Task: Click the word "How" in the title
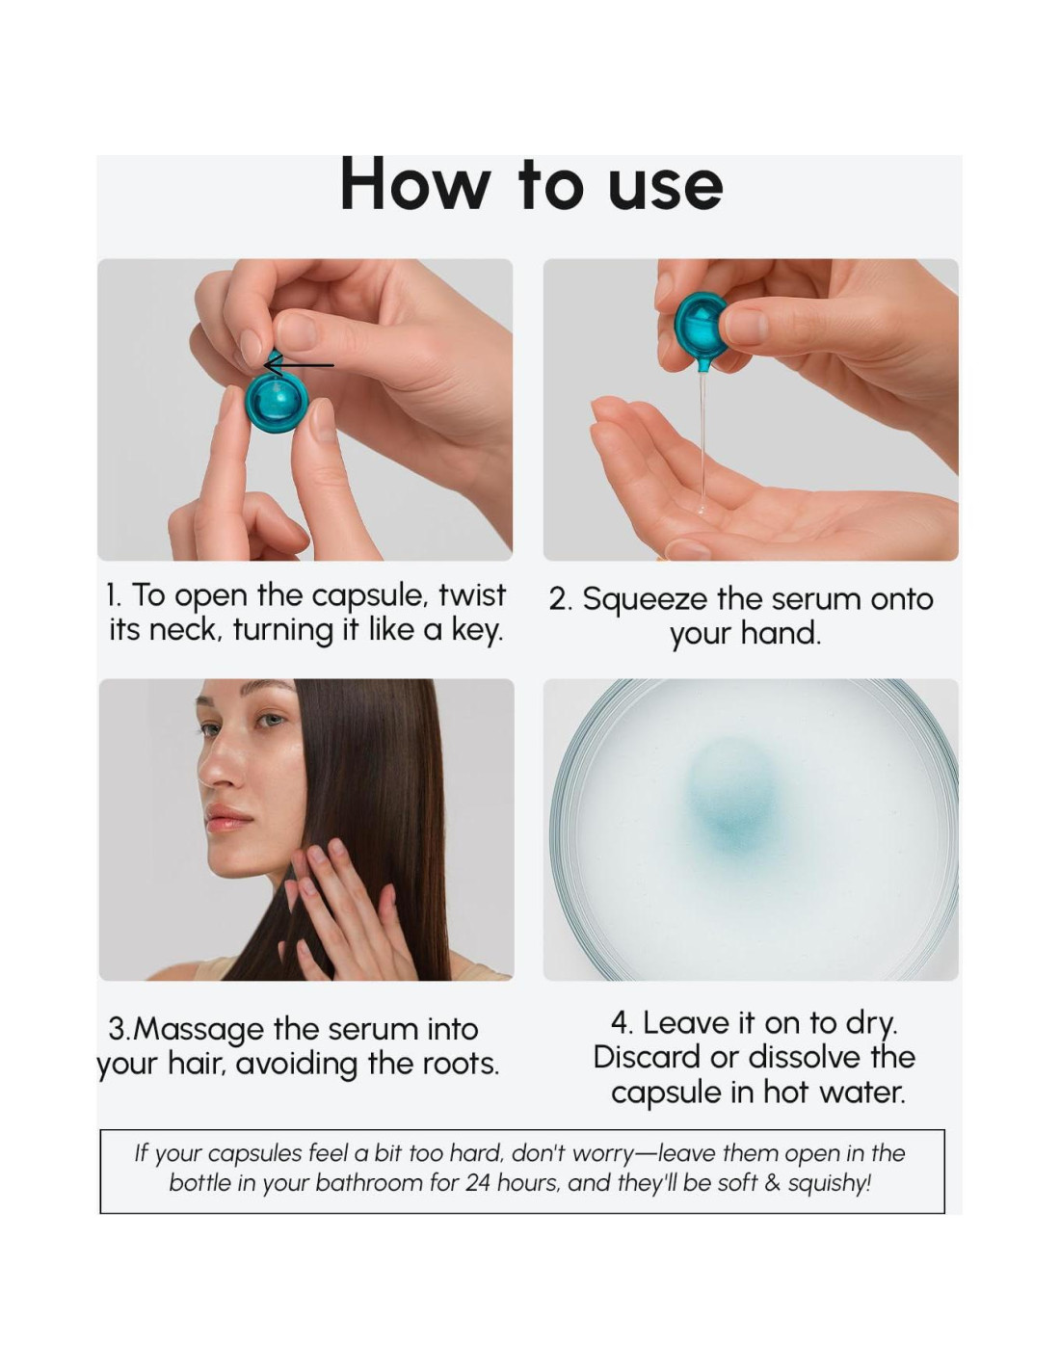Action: [x=413, y=183]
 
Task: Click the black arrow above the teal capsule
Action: [x=299, y=365]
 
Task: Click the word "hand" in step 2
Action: [x=781, y=633]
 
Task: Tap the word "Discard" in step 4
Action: [x=648, y=1057]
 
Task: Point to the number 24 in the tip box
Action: [x=479, y=1183]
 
